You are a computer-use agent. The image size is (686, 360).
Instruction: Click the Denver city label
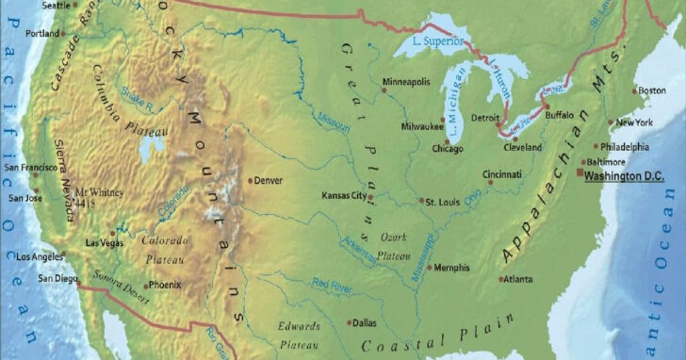(x=269, y=180)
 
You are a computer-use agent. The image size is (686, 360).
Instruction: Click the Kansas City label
(x=343, y=196)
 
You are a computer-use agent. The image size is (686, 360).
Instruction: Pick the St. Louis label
(x=442, y=202)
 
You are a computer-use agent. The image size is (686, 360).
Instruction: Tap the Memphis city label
(x=452, y=268)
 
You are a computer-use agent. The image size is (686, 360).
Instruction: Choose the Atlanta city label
(x=517, y=279)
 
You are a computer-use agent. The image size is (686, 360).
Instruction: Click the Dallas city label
(x=364, y=322)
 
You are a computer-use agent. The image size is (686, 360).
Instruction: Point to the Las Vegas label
(x=104, y=243)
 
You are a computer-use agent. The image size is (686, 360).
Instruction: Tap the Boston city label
(x=652, y=90)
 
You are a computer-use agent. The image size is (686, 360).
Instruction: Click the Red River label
(x=332, y=284)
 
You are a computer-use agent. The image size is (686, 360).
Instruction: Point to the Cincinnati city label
(x=502, y=174)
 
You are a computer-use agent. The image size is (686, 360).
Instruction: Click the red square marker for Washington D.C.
(x=580, y=172)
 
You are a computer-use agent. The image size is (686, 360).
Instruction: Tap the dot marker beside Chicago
(x=448, y=141)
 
